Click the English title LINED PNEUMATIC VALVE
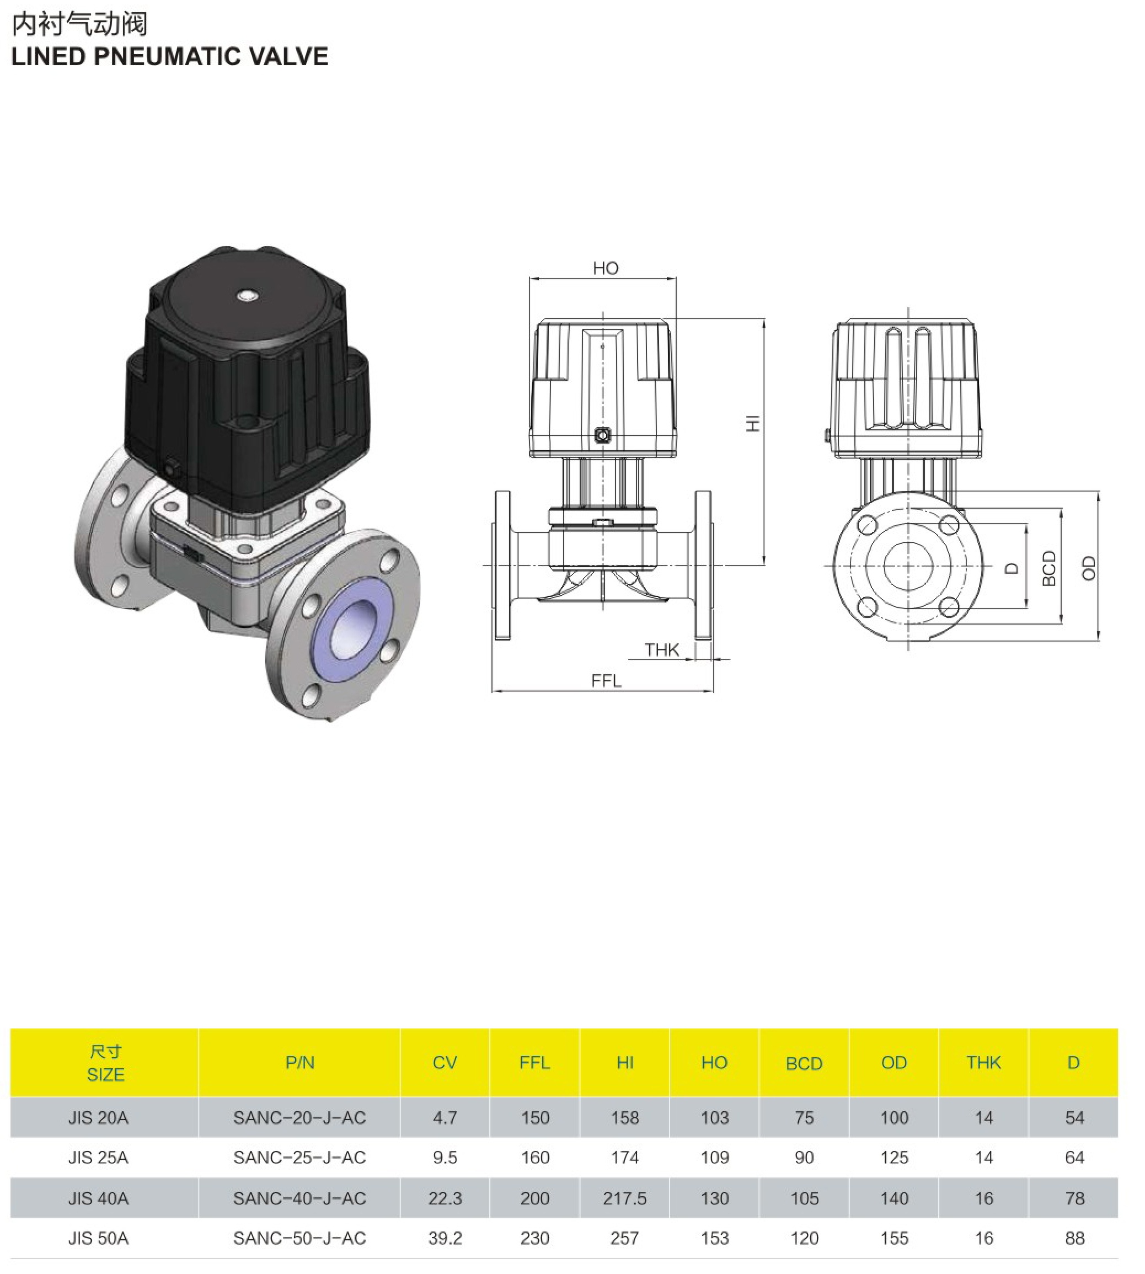(170, 57)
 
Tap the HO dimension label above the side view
(606, 268)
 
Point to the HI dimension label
(753, 423)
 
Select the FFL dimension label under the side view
(606, 680)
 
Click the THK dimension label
(661, 649)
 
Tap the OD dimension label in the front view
(1088, 568)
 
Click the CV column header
(445, 1063)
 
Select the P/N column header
(300, 1063)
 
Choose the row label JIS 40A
(98, 1198)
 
